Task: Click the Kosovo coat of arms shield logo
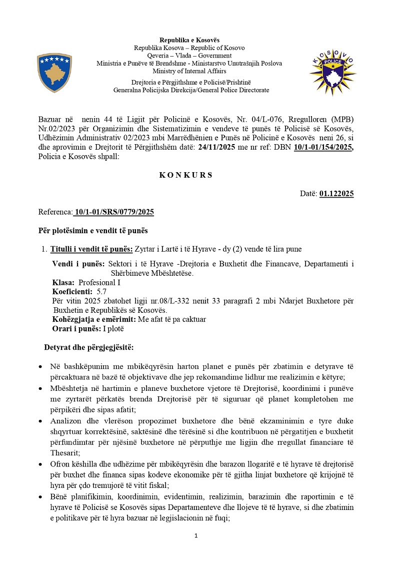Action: pyautogui.click(x=54, y=73)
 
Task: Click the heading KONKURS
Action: pyautogui.click(x=185, y=175)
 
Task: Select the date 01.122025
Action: pyautogui.click(x=336, y=194)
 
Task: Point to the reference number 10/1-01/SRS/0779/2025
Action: pyautogui.click(x=113, y=212)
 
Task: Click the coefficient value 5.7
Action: pyautogui.click(x=101, y=291)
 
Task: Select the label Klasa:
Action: pyautogui.click(x=63, y=282)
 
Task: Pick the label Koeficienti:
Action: pyautogui.click(x=72, y=291)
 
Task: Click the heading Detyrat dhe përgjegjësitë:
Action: pyautogui.click(x=88, y=347)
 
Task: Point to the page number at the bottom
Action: pyautogui.click(x=196, y=536)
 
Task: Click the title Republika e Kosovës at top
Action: pyautogui.click(x=189, y=40)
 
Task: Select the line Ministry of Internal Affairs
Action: pyautogui.click(x=189, y=71)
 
